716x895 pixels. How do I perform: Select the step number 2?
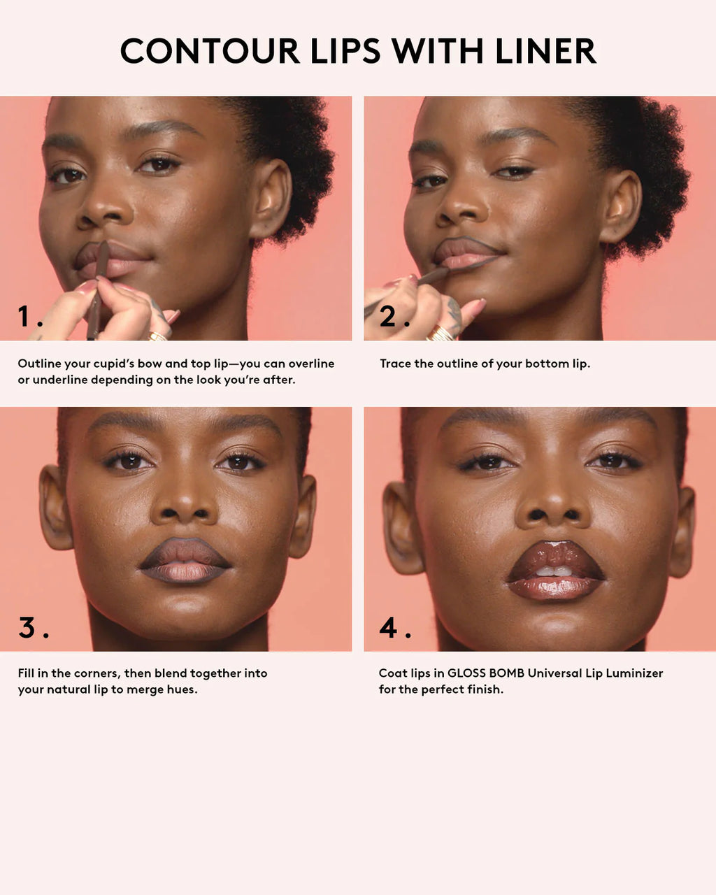pyautogui.click(x=389, y=317)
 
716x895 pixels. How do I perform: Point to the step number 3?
pyautogui.click(x=27, y=627)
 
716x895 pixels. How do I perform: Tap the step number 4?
pyautogui.click(x=389, y=627)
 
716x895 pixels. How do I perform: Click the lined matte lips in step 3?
pyautogui.click(x=185, y=561)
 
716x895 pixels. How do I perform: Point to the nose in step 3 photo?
pyautogui.click(x=185, y=501)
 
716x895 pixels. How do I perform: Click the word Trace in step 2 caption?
pyautogui.click(x=395, y=364)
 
